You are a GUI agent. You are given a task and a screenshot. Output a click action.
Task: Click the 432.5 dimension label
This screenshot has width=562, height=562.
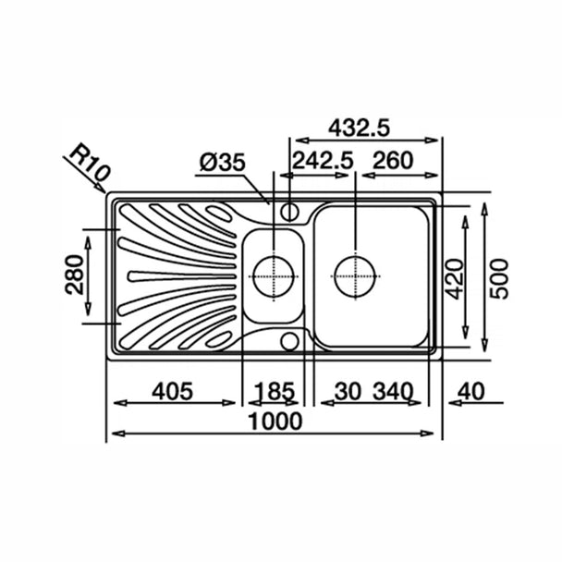[x=359, y=128]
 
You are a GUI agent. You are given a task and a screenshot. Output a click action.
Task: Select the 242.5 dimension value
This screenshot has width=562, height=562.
[x=323, y=161]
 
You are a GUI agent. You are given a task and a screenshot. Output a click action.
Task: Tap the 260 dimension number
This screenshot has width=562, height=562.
[x=393, y=161]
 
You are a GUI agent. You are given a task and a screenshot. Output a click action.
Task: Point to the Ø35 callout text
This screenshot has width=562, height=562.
[x=223, y=163]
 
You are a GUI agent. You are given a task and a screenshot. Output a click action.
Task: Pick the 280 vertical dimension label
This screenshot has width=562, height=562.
[x=75, y=275]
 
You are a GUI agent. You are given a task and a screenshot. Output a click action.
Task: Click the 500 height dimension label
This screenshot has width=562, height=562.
[x=499, y=279]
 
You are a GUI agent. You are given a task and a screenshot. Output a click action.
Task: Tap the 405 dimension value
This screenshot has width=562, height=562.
[x=173, y=391]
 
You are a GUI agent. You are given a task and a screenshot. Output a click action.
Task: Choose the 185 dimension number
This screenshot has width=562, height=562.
[x=275, y=391]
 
